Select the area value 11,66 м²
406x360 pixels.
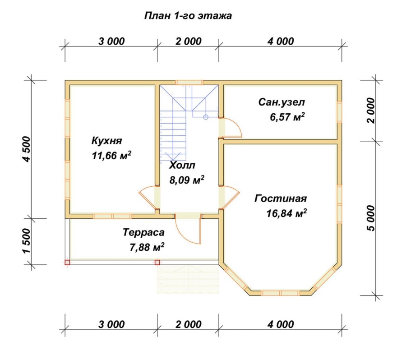pyautogui.click(x=111, y=156)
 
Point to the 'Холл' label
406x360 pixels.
pyautogui.click(x=183, y=165)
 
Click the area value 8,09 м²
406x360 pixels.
pyautogui.click(x=186, y=180)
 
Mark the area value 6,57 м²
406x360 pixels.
pyautogui.click(x=286, y=117)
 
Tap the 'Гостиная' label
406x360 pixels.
pyautogui.click(x=281, y=198)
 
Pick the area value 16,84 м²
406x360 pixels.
pyautogui.click(x=287, y=213)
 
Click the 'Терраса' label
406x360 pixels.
pyautogui.click(x=143, y=232)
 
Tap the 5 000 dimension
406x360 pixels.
pyautogui.click(x=371, y=218)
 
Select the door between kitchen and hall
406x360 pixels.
pyautogui.click(x=148, y=196)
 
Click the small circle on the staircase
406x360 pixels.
pyautogui.click(x=205, y=117)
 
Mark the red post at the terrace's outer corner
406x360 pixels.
pyautogui.click(x=67, y=262)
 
